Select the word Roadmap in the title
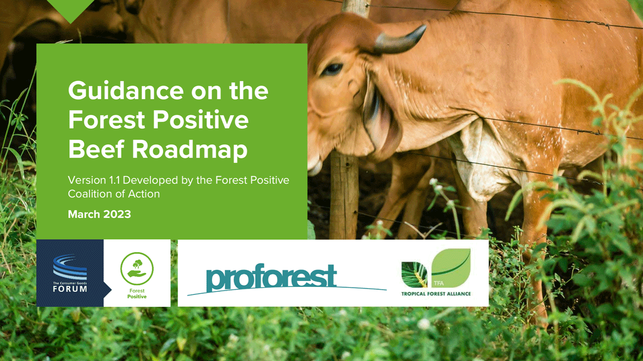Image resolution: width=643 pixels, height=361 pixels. [x=190, y=150]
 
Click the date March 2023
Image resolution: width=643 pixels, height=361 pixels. [x=99, y=214]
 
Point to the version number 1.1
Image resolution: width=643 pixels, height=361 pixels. [x=114, y=180]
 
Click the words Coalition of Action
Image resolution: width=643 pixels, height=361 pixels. [x=114, y=194]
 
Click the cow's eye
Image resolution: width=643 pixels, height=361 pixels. [x=332, y=69]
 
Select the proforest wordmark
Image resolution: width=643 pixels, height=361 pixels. [x=271, y=277]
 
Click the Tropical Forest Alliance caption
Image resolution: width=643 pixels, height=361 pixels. [x=436, y=294]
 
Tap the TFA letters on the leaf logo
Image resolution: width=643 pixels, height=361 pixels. [x=439, y=283]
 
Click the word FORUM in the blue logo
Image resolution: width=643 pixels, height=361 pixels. [x=70, y=289]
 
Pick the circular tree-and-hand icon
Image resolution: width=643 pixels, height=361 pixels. [x=137, y=269]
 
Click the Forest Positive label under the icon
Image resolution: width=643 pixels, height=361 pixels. [x=137, y=293]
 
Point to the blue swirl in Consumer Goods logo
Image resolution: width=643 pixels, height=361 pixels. [x=70, y=267]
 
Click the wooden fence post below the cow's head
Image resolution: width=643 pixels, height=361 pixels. [x=343, y=195]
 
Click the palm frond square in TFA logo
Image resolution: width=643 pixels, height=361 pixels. [x=415, y=275]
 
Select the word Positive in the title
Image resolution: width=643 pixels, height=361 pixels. [x=200, y=120]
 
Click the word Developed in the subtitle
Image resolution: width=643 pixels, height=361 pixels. [x=151, y=181]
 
